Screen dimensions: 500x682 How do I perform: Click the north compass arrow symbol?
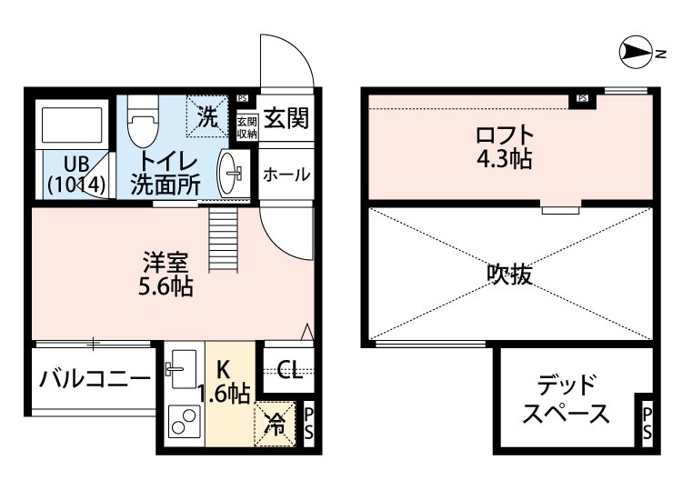(633, 54)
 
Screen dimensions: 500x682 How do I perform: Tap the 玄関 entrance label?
(286, 119)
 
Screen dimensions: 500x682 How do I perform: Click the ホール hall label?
(286, 175)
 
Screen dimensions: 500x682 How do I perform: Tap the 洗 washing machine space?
(207, 117)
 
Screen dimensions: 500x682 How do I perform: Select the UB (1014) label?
(76, 174)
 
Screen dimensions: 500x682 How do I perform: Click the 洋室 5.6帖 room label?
(165, 275)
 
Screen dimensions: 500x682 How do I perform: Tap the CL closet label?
(288, 370)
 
